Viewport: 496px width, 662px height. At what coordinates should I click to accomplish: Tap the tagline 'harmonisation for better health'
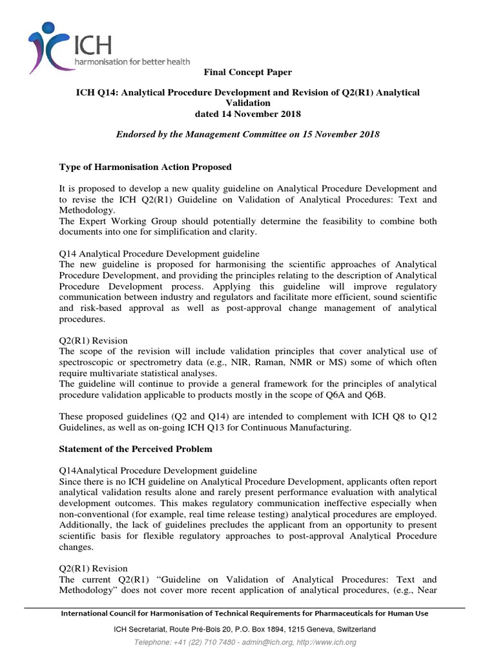tap(132, 61)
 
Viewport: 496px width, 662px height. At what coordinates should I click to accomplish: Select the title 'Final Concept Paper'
tap(248, 72)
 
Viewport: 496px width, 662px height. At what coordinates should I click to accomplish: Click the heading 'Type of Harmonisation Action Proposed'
tap(145, 167)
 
